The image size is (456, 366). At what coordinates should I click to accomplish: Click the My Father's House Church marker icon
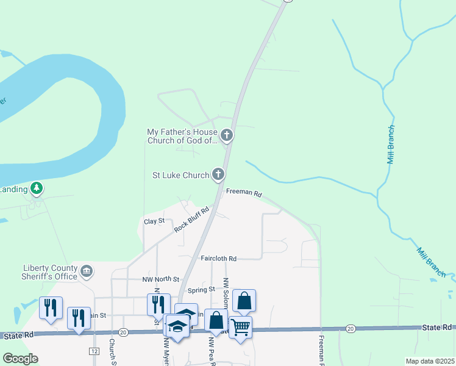227,135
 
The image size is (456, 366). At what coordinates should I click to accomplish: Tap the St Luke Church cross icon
218,175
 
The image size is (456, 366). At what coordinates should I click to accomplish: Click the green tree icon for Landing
38,188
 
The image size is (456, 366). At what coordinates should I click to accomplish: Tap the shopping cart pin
240,328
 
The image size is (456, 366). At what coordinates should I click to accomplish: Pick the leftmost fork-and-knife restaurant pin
50,307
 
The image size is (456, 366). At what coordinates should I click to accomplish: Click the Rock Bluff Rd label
191,219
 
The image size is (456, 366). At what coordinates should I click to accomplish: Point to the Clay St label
154,221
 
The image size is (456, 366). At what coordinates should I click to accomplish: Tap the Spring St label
201,289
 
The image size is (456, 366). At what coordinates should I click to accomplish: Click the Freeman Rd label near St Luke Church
244,193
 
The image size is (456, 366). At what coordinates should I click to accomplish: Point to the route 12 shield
94,351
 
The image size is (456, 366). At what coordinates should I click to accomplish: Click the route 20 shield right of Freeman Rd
350,329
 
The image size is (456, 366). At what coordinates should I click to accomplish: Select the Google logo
20,359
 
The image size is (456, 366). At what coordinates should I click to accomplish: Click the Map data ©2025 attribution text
429,361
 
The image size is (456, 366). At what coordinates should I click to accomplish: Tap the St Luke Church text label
180,176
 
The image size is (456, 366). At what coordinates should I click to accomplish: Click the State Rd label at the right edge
438,328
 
